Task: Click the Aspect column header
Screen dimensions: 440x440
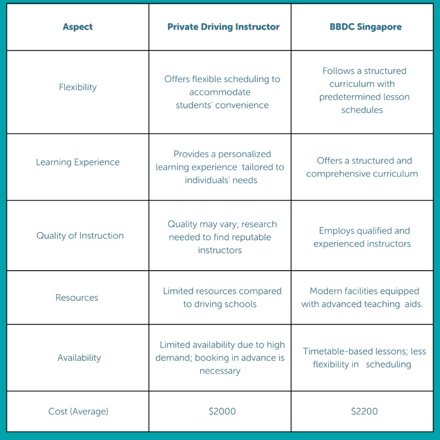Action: (78, 26)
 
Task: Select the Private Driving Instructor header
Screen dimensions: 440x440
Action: (223, 26)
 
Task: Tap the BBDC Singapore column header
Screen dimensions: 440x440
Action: (366, 26)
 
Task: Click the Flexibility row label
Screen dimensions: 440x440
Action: (78, 87)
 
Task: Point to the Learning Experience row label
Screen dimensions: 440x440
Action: (78, 162)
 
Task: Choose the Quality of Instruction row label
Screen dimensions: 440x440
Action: (80, 235)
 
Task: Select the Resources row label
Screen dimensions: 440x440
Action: (77, 298)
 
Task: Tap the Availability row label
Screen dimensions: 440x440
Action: (79, 358)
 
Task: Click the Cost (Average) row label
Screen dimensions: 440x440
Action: (78, 411)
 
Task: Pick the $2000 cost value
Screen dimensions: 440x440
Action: (222, 411)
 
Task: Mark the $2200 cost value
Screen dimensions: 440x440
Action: (364, 411)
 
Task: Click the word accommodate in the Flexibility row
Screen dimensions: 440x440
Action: (219, 92)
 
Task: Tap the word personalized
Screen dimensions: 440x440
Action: (244, 154)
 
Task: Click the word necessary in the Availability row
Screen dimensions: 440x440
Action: (220, 371)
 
